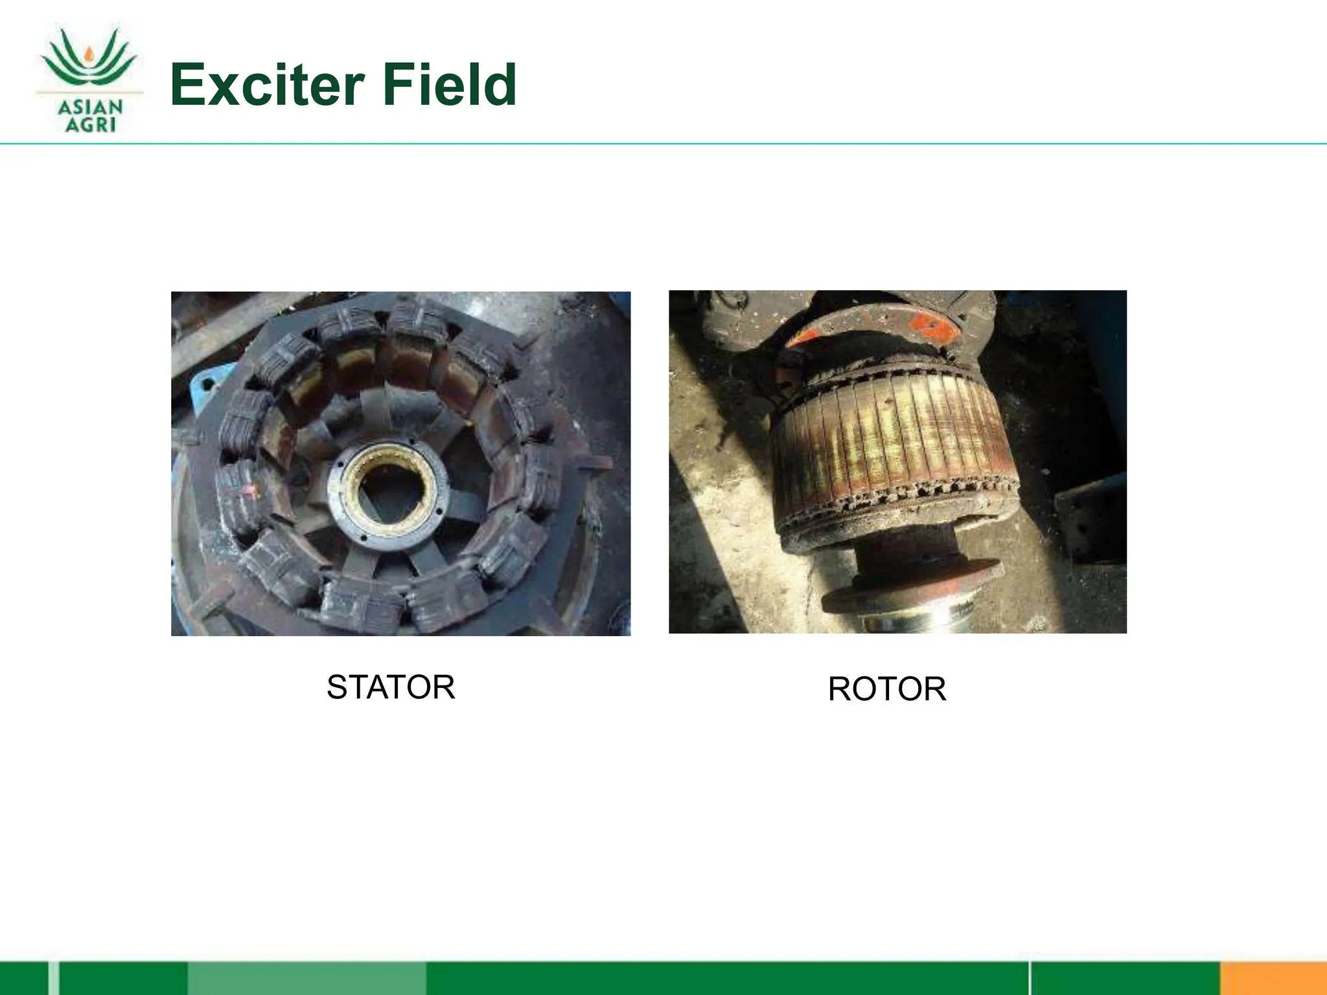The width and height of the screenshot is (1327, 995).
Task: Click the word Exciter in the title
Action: coord(267,86)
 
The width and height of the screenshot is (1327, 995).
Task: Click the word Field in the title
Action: coord(449,86)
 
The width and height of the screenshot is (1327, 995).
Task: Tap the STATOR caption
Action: coord(391,687)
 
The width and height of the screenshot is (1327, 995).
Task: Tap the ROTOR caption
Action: coord(886,689)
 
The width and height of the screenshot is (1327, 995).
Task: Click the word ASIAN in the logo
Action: coord(90,107)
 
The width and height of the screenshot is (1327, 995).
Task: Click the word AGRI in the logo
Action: coord(90,124)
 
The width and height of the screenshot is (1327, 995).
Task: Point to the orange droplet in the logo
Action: coord(89,52)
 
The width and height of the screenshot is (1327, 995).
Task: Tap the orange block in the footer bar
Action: coord(1273,979)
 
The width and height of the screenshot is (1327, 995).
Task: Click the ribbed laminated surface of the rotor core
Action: coord(894,434)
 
